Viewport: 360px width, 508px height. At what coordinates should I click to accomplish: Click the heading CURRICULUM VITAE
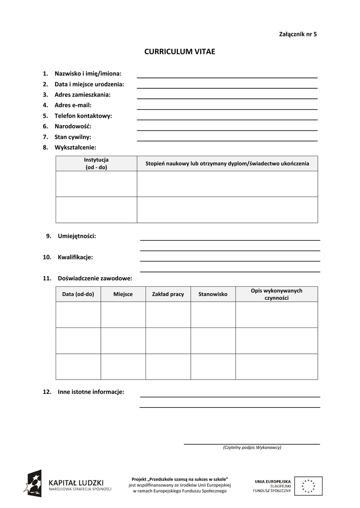pyautogui.click(x=180, y=52)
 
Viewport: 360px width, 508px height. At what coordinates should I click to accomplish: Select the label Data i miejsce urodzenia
pyautogui.click(x=89, y=84)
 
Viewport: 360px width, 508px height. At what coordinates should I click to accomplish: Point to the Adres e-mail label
pyautogui.click(x=73, y=105)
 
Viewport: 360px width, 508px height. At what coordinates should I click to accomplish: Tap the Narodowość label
pyautogui.click(x=73, y=126)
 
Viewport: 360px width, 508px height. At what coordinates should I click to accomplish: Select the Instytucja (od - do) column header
pyautogui.click(x=96, y=163)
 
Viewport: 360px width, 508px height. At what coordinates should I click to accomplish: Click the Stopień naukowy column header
pyautogui.click(x=227, y=163)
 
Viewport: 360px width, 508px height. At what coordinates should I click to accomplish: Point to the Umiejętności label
pyautogui.click(x=77, y=236)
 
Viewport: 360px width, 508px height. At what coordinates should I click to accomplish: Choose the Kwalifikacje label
pyautogui.click(x=75, y=257)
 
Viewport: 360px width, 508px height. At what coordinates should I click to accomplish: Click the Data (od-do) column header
pyautogui.click(x=78, y=294)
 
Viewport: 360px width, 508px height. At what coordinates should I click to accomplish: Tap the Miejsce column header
pyautogui.click(x=123, y=294)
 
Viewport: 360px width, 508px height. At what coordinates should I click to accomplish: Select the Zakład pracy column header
pyautogui.click(x=168, y=294)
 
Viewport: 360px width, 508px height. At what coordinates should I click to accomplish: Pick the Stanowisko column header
pyautogui.click(x=213, y=294)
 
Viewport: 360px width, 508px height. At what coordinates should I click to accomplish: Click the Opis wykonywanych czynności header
pyautogui.click(x=277, y=294)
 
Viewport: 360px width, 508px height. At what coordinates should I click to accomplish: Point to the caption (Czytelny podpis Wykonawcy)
pyautogui.click(x=252, y=447)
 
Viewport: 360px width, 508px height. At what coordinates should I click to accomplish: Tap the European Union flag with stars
pyautogui.click(x=308, y=486)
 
